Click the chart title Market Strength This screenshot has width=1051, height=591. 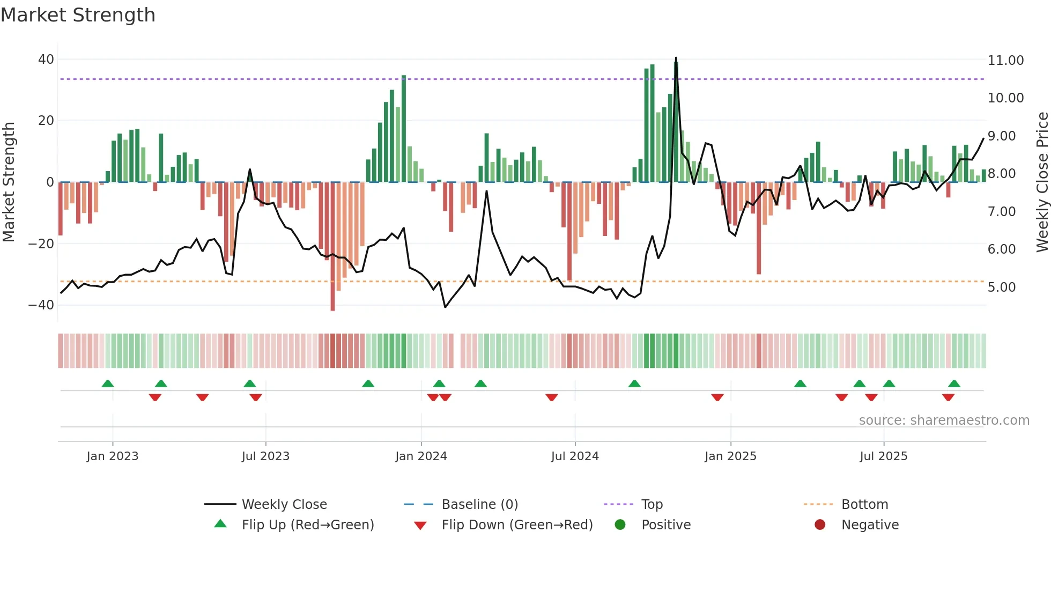(78, 15)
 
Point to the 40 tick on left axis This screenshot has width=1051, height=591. (46, 60)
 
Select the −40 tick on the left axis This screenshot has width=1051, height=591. (41, 305)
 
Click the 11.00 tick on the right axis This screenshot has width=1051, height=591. (1005, 61)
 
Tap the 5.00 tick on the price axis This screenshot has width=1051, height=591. (1001, 287)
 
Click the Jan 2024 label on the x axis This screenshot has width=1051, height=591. (421, 456)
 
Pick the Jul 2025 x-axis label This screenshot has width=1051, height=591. (883, 456)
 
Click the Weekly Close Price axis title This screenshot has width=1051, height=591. (1042, 182)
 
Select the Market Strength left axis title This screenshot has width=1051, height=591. (9, 182)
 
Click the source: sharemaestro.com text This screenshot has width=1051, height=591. (944, 420)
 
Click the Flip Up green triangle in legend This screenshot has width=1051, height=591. (220, 524)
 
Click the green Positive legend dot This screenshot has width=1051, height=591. (620, 525)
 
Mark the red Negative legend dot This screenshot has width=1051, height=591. (820, 525)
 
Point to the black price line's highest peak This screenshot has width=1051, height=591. (676, 58)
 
